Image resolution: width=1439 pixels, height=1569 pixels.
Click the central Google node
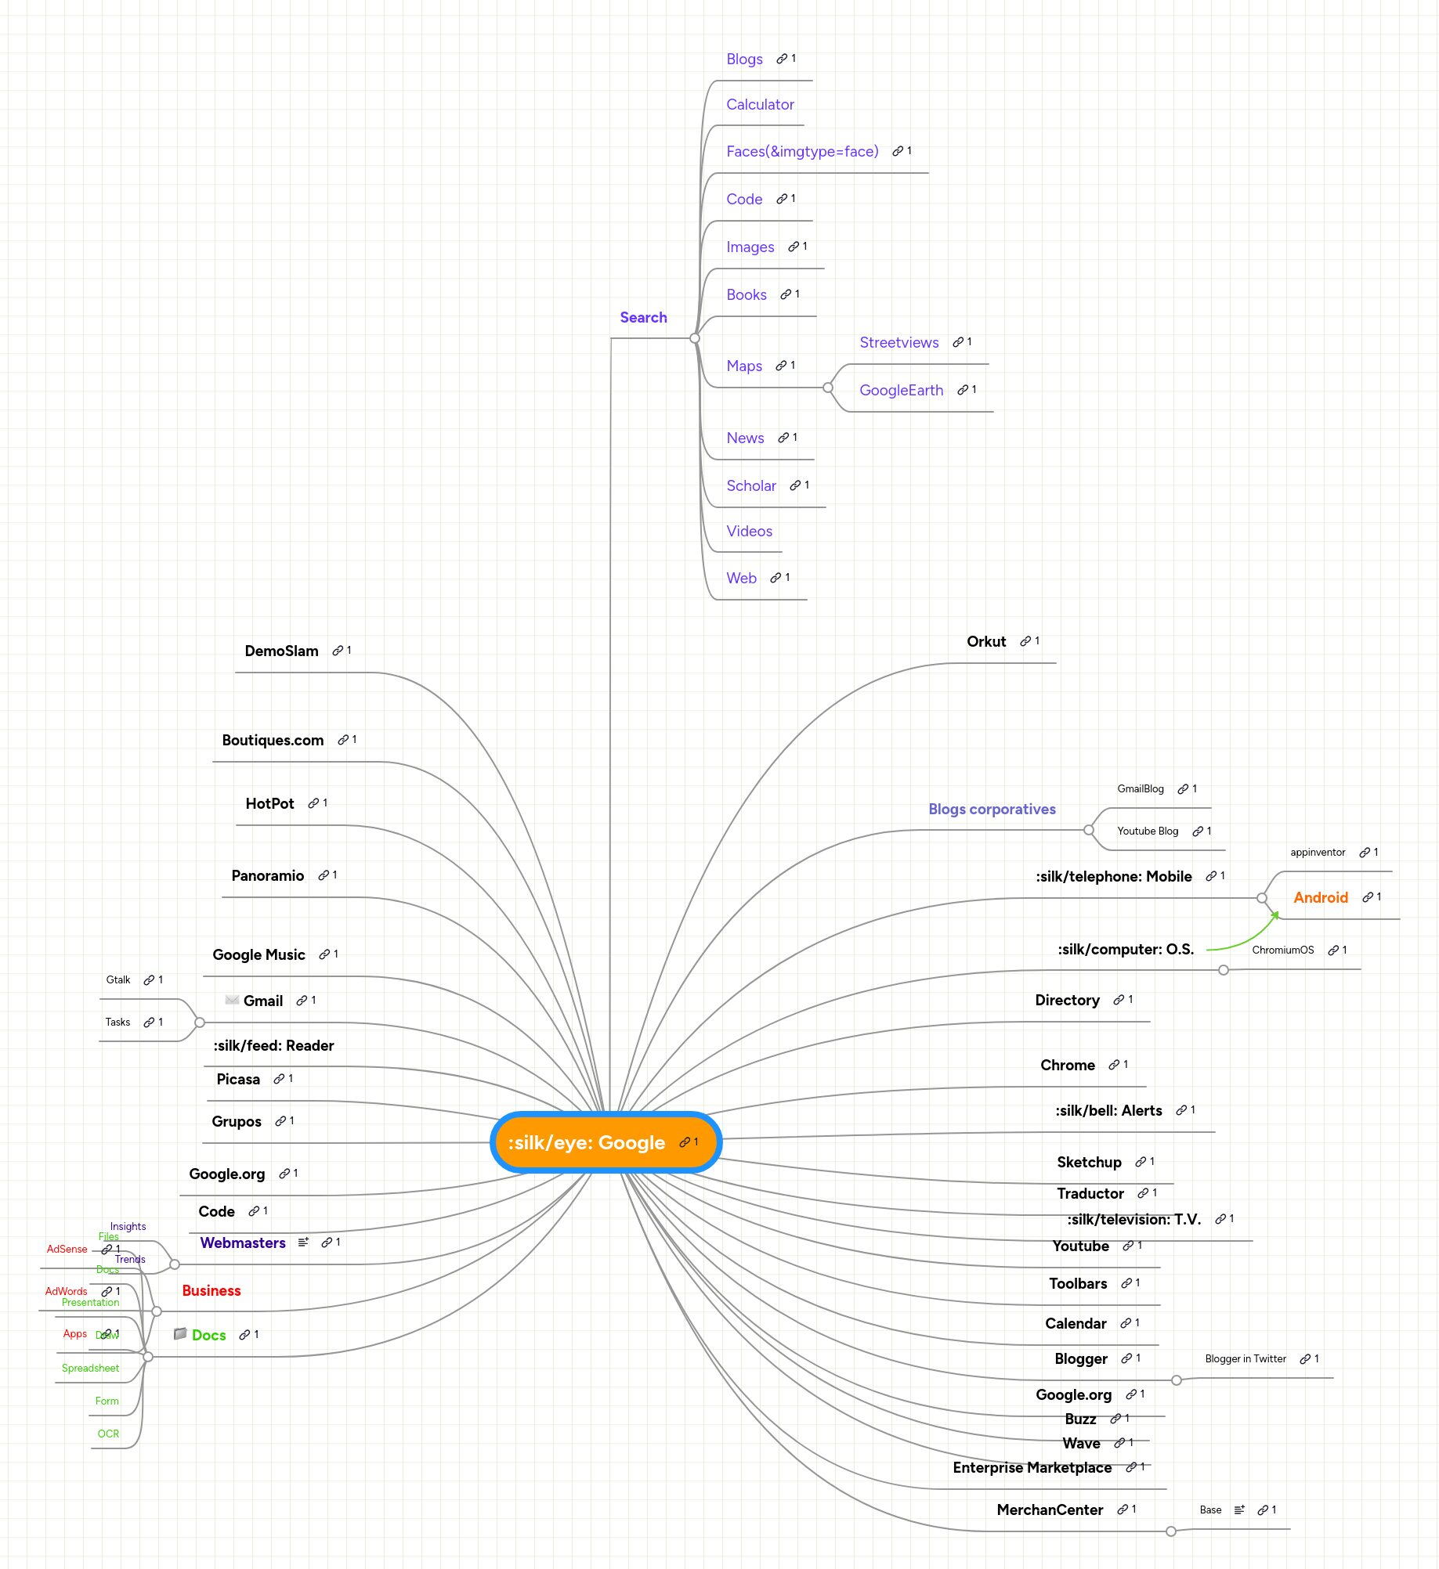point(588,1143)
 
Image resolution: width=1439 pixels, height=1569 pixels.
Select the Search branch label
point(643,317)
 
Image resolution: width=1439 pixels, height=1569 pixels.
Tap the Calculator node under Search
point(760,105)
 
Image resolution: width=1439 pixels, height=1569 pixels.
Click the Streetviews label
point(898,343)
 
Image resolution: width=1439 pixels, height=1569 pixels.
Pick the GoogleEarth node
point(901,391)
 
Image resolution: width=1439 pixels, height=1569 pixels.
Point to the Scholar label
point(750,486)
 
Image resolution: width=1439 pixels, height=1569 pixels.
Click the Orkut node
point(986,642)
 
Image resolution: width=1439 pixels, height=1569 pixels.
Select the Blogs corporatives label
point(992,810)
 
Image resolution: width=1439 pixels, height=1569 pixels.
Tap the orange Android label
point(1320,898)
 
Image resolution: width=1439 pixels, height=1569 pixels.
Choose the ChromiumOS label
point(1282,950)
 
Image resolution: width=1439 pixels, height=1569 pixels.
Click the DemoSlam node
point(281,651)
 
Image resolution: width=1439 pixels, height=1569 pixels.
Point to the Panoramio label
point(267,876)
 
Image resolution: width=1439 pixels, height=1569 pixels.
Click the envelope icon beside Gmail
point(232,1000)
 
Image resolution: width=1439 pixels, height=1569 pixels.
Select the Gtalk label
point(118,980)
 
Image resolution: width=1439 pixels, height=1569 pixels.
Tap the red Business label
point(212,1291)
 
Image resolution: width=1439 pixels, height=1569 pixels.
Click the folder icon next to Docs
point(180,1333)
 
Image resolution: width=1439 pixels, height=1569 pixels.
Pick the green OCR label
point(108,1434)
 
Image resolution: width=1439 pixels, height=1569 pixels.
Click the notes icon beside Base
point(1239,1510)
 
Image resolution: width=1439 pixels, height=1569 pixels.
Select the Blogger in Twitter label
point(1246,1359)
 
